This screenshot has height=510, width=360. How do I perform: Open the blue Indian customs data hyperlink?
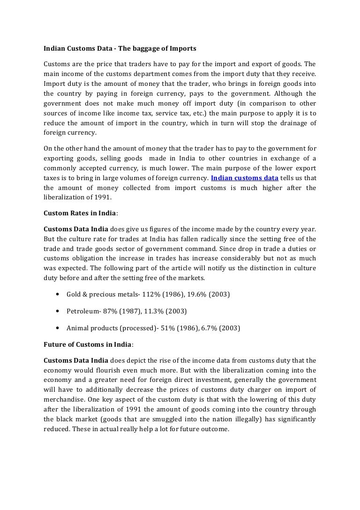pos(245,178)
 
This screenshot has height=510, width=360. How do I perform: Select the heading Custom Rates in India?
pos(79,213)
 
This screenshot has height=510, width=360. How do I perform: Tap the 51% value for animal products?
pos(165,327)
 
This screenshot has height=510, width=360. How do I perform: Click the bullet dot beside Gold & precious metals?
pos(57,294)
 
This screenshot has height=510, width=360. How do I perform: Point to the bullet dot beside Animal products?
pos(57,327)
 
